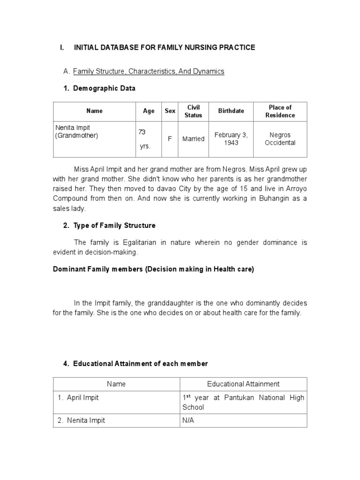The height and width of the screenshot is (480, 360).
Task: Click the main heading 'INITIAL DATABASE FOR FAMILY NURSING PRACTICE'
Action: [x=164, y=47]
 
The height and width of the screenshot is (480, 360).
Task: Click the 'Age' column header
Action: [x=149, y=111]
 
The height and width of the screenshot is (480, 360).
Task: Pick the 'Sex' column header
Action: [x=170, y=111]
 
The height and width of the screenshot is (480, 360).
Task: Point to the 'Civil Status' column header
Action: [x=193, y=111]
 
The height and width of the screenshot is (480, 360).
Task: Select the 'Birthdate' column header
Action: [x=231, y=111]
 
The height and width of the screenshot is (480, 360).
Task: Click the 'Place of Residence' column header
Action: [x=280, y=111]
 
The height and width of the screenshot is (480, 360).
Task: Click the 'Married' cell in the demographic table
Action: [x=193, y=139]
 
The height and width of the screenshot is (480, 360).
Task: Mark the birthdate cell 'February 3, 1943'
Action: [x=231, y=139]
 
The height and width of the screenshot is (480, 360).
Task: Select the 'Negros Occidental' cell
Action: [x=280, y=139]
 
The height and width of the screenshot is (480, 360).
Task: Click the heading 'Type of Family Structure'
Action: [x=114, y=225]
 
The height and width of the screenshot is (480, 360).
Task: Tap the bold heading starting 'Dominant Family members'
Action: [x=153, y=270]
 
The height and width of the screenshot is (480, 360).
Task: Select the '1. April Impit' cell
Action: [x=78, y=397]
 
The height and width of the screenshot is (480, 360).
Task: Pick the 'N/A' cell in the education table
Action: [x=188, y=420]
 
